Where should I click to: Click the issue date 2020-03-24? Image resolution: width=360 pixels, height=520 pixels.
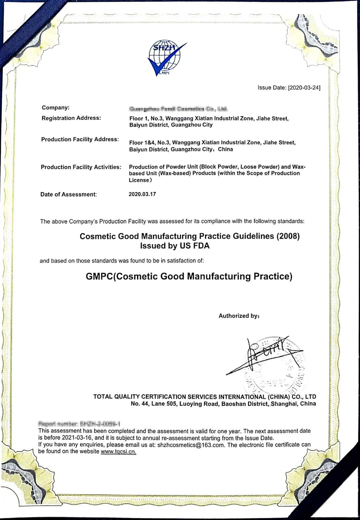tap(304, 88)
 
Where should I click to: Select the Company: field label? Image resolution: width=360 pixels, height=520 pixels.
tap(56, 108)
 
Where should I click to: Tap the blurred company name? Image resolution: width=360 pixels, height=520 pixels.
tap(178, 109)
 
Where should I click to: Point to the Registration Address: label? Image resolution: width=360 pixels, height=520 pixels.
tap(71, 118)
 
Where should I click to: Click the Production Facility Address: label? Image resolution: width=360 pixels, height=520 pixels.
tap(80, 139)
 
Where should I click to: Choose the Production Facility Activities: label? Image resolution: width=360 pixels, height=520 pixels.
tap(81, 167)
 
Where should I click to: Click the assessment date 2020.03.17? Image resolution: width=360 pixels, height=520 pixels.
tap(142, 194)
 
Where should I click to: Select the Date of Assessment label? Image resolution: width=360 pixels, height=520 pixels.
tap(68, 194)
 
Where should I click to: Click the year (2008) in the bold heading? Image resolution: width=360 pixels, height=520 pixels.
tap(288, 236)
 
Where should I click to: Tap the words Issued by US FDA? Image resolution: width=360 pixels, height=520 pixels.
tap(175, 246)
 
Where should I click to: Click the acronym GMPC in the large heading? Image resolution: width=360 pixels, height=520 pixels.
tap(99, 277)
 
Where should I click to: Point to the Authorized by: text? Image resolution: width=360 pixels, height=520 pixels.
tap(239, 316)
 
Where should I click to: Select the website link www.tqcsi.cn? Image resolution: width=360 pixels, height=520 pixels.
tap(118, 452)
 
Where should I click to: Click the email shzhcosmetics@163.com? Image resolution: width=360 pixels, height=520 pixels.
tap(191, 445)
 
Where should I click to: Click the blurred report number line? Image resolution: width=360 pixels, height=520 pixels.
tap(79, 424)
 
